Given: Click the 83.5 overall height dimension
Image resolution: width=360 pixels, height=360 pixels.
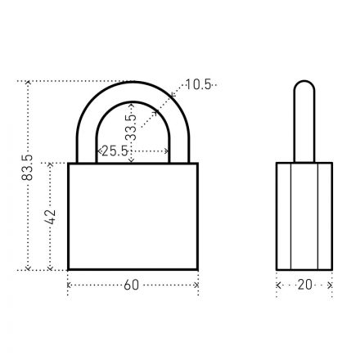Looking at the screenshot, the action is [27, 168].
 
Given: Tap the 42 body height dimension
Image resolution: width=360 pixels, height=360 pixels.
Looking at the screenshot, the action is [51, 217].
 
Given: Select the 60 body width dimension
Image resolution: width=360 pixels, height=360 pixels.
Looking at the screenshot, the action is [132, 285].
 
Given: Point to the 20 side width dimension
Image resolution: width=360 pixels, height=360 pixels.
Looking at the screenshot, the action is [304, 285].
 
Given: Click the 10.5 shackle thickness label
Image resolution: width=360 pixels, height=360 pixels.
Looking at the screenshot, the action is [198, 84].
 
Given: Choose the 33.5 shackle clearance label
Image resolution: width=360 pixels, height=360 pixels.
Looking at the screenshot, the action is [132, 127].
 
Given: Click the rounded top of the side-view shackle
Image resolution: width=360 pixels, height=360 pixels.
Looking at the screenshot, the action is [304, 85].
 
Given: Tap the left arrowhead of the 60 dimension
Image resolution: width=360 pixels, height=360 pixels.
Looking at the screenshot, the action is [69, 286].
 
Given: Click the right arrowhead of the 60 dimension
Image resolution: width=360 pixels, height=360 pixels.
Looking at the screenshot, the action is [196, 286].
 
